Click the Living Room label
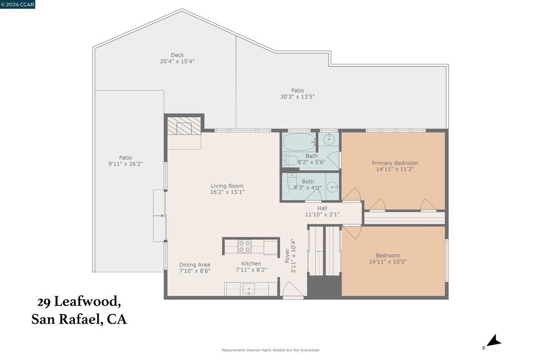(227, 186)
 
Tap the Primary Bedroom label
(395, 163)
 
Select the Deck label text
(178, 55)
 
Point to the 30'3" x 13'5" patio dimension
(297, 97)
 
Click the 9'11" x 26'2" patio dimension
(126, 164)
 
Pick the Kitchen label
(251, 264)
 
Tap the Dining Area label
(194, 265)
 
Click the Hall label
(322, 209)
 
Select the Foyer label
(287, 256)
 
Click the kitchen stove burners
(244, 246)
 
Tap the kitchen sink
(248, 289)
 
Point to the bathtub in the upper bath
(299, 141)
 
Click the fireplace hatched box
(183, 126)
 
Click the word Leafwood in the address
(88, 302)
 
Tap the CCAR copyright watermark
(17, 4)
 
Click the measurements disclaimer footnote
(270, 350)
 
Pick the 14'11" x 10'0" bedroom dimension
(388, 262)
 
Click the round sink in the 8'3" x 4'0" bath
(333, 187)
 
